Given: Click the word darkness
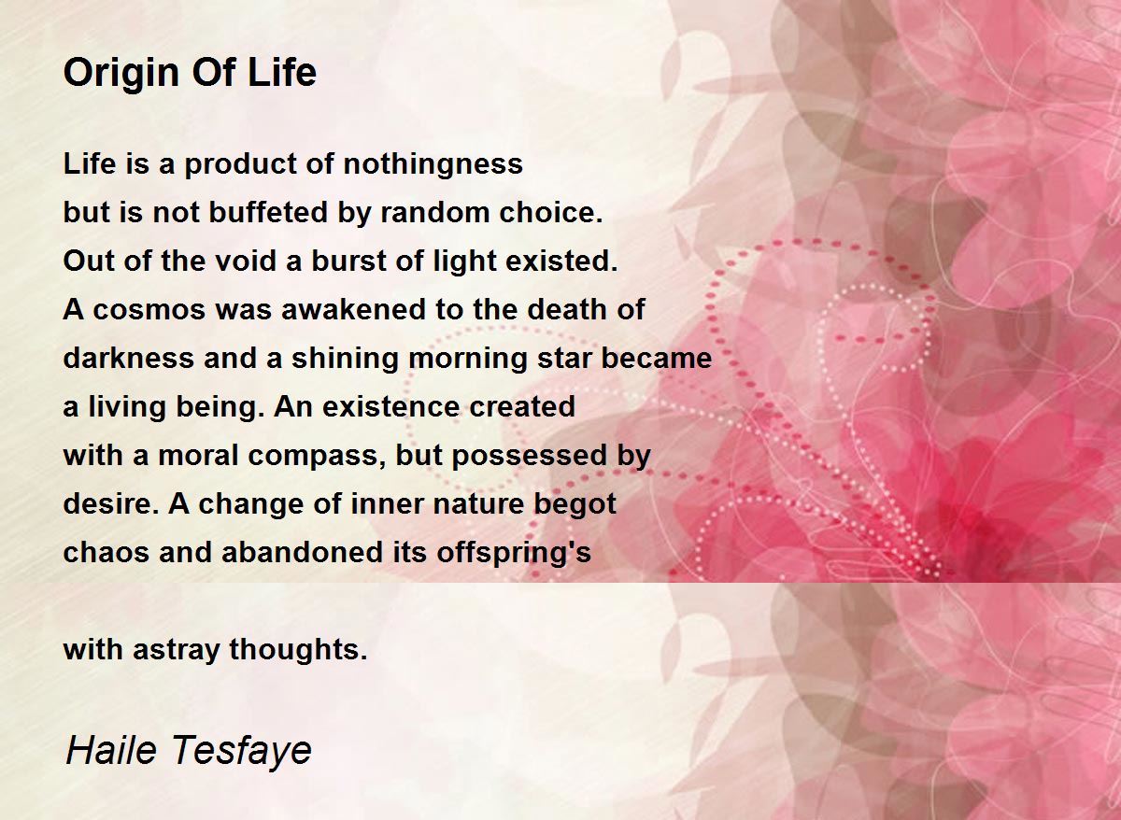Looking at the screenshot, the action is pos(129,358).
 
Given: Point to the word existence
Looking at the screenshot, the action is pos(390,406).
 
